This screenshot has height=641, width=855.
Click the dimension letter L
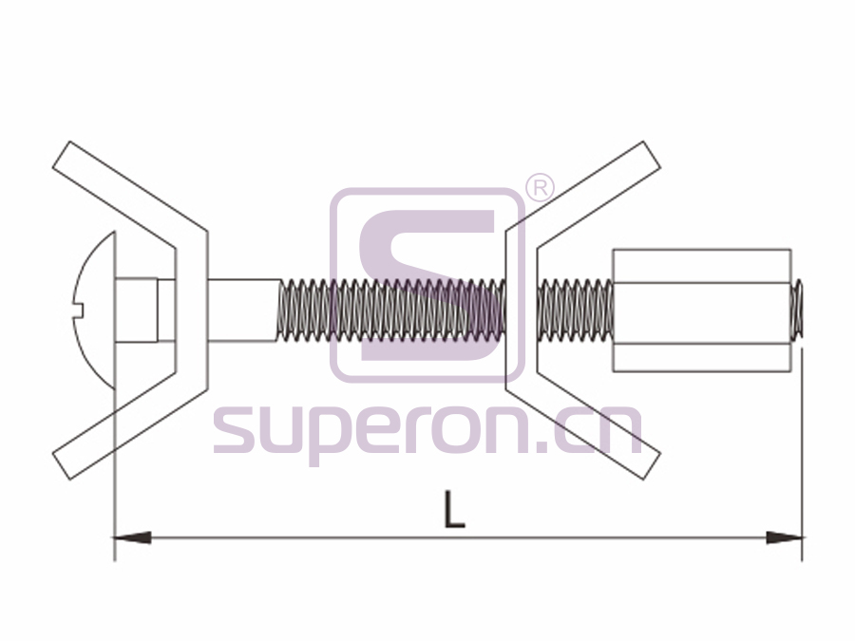tap(454, 509)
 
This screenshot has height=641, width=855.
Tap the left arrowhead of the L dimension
tap(132, 537)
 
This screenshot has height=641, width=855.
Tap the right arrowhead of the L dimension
tap(784, 537)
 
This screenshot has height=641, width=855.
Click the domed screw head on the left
tap(94, 311)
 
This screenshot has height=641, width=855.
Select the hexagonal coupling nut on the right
tap(702, 311)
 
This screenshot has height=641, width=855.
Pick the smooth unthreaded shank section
tap(243, 311)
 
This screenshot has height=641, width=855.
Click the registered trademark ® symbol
tap(540, 188)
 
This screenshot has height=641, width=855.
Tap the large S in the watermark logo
tap(427, 285)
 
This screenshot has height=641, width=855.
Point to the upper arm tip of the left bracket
tap(61, 155)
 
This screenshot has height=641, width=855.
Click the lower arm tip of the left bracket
tap(61, 466)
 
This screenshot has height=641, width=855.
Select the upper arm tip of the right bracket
tap(652, 155)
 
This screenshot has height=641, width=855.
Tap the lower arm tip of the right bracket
tap(652, 466)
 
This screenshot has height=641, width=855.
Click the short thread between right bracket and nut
tap(575, 311)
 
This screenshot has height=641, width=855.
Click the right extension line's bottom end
tap(802, 561)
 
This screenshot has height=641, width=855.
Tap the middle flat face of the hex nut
tap(702, 312)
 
